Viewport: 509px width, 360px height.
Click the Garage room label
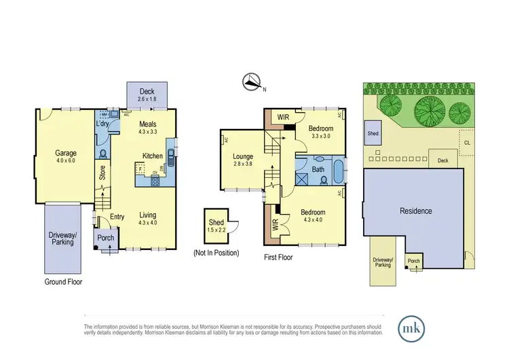(66, 154)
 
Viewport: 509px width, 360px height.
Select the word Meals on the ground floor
(149, 124)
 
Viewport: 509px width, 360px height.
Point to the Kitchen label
(152, 156)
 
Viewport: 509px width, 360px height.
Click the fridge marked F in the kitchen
(140, 167)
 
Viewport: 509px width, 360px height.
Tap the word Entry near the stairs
(118, 217)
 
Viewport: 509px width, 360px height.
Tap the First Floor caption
(278, 257)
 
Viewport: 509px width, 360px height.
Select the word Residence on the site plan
(416, 211)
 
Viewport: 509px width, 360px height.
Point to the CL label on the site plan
(467, 142)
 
